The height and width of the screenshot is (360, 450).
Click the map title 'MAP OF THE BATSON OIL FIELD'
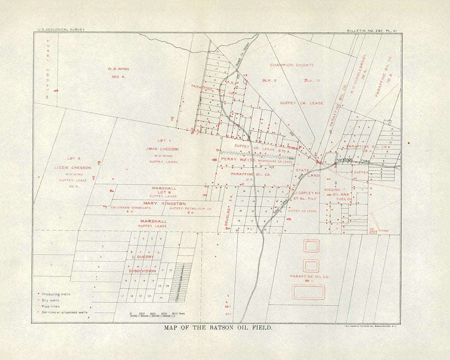click(x=218, y=328)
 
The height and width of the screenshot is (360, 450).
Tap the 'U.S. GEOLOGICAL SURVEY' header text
click(x=59, y=30)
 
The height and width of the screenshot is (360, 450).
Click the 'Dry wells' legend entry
click(x=50, y=300)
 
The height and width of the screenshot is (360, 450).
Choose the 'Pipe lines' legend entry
click(x=50, y=306)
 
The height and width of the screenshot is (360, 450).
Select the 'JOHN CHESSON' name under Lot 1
click(x=162, y=149)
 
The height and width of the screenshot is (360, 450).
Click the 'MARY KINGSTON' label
click(x=165, y=204)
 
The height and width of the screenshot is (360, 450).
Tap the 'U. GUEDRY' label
click(x=143, y=257)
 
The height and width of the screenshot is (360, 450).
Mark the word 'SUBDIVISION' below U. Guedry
click(x=142, y=271)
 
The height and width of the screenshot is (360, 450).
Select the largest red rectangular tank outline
click(x=309, y=292)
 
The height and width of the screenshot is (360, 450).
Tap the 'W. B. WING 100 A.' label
click(x=118, y=73)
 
